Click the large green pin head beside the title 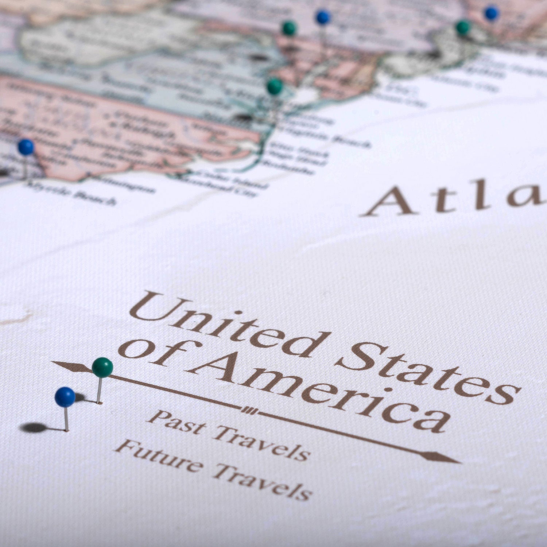pos(102,367)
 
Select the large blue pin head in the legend pos(65,397)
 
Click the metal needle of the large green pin pos(99,390)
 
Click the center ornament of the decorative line pos(249,410)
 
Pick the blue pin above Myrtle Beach pos(26,147)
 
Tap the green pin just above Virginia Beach pos(275,86)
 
